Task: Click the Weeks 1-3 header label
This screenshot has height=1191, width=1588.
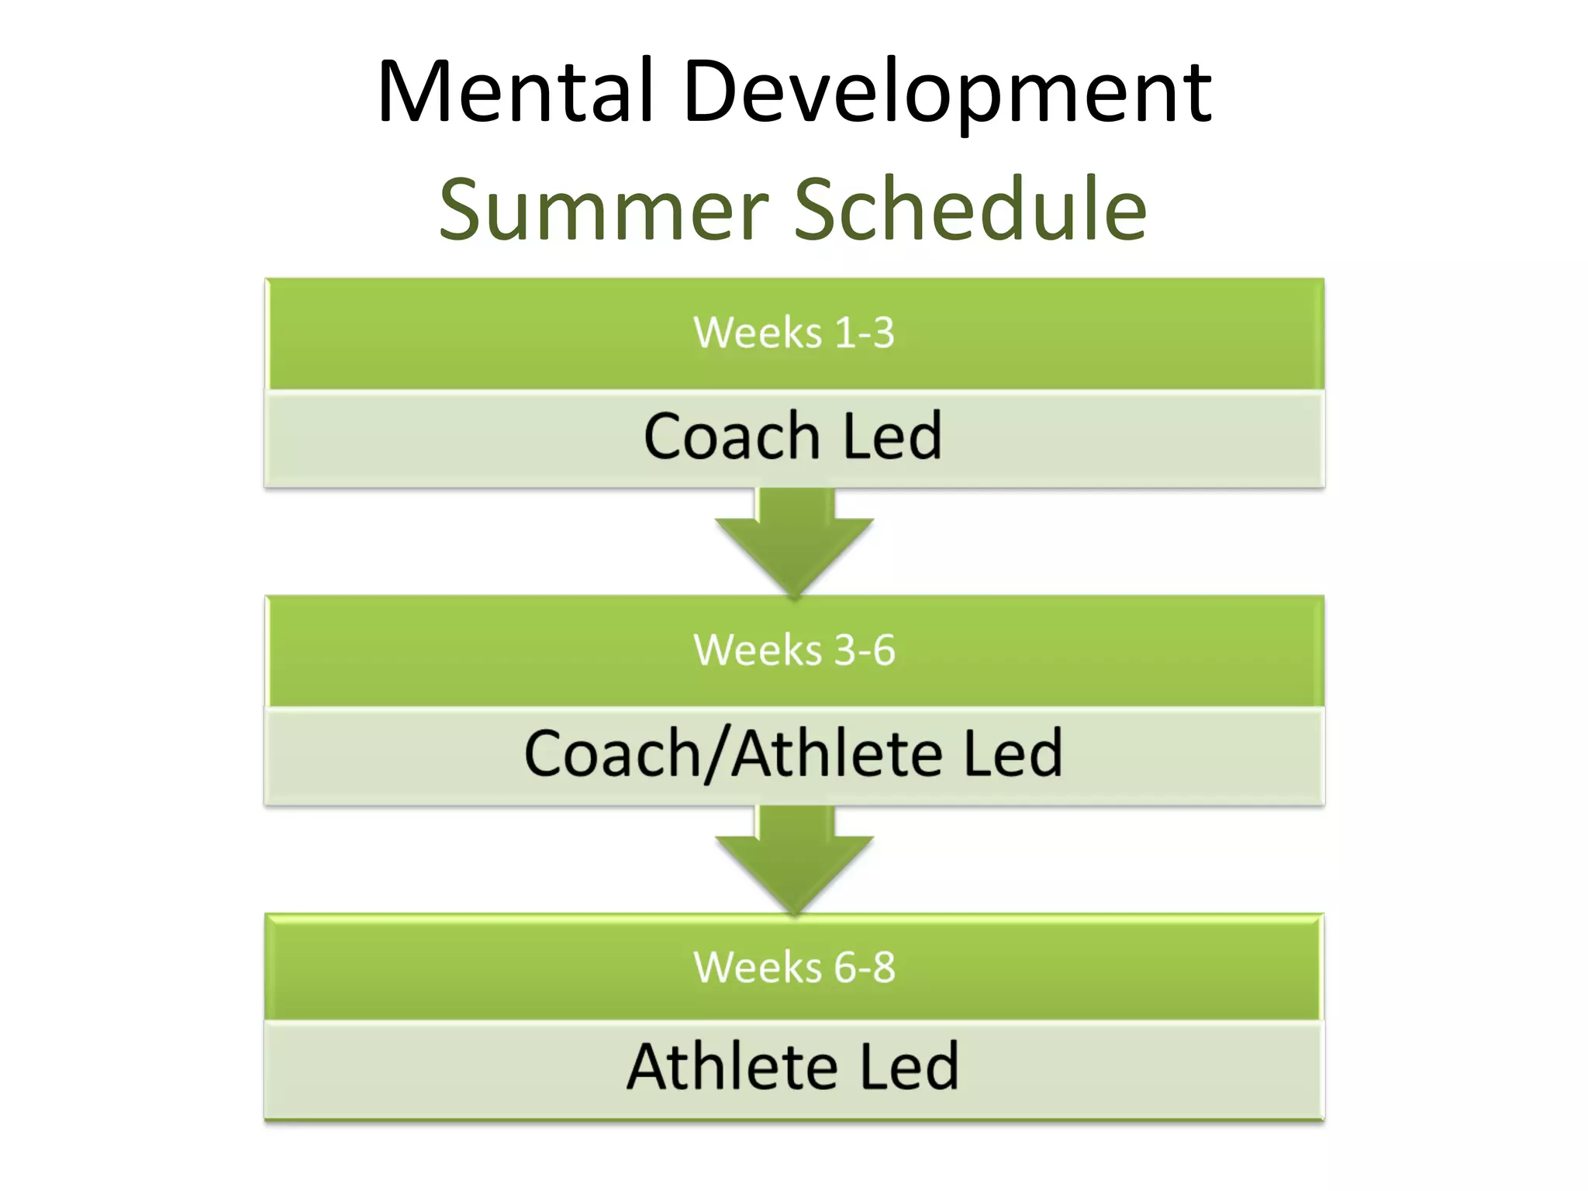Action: click(x=793, y=333)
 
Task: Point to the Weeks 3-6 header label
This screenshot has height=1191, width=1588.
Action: click(x=793, y=650)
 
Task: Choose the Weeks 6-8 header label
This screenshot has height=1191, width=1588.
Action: click(x=793, y=967)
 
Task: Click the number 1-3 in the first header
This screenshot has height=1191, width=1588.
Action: click(x=864, y=333)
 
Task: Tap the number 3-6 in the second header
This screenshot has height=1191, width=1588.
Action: click(x=865, y=650)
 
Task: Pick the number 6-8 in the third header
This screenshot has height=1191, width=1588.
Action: click(x=865, y=967)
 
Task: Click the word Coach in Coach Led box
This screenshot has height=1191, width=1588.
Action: click(x=731, y=437)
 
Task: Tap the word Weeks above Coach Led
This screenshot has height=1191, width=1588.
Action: click(x=757, y=333)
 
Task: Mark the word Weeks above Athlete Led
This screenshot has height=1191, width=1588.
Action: click(x=758, y=967)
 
